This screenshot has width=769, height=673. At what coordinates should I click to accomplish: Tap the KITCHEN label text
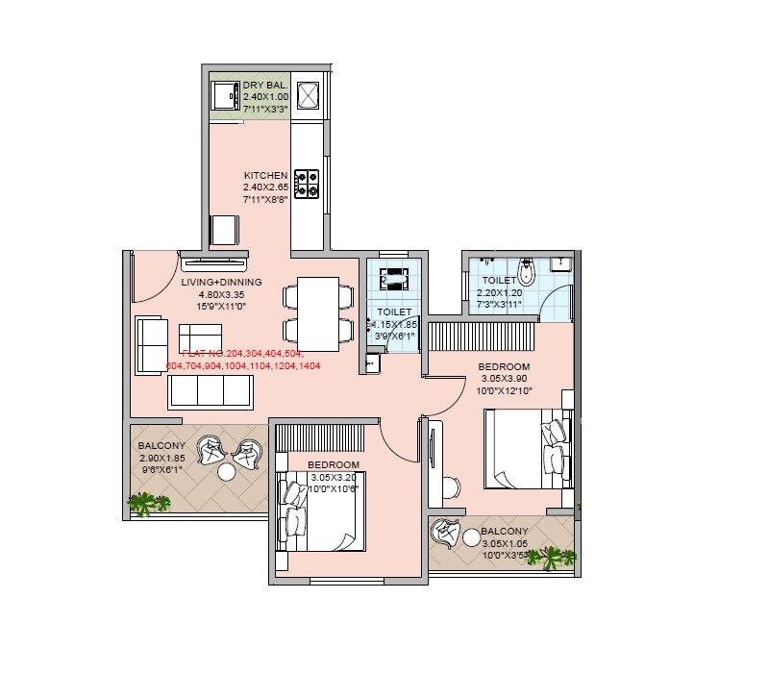point(265,176)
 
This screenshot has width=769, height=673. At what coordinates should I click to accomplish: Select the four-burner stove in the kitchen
point(307,183)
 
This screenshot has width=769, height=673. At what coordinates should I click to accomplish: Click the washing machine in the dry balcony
point(227,96)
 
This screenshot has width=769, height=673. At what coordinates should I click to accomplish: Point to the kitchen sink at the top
point(310,95)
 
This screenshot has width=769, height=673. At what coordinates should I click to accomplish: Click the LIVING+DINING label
point(221,283)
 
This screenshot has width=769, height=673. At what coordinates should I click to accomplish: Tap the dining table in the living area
point(316,313)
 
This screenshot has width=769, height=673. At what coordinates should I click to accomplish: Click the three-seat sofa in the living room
point(210,391)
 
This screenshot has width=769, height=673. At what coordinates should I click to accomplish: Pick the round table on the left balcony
point(228,472)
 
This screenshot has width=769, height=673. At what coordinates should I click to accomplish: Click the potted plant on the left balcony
point(147,502)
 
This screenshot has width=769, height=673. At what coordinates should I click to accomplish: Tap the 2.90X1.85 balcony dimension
point(161,459)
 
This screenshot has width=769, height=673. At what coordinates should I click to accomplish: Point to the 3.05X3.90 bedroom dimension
point(504,379)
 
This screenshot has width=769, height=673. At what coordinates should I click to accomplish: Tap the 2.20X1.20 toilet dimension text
point(499,292)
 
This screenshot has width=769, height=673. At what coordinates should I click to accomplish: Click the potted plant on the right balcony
point(555,556)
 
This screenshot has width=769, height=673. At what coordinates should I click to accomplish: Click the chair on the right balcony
point(445,531)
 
